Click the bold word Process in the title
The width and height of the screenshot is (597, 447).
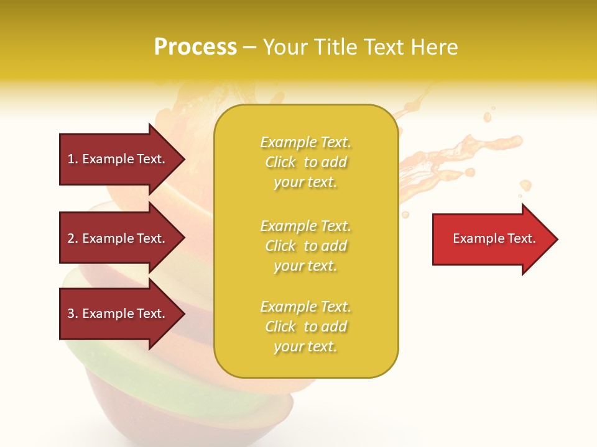click(x=195, y=47)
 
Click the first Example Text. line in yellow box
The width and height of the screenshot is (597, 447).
click(x=305, y=142)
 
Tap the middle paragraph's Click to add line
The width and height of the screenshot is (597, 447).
click(x=305, y=246)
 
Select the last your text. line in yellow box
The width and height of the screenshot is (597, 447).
click(x=305, y=347)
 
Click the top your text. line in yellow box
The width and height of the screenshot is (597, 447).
click(x=305, y=183)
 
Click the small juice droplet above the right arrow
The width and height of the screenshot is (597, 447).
click(x=525, y=185)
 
